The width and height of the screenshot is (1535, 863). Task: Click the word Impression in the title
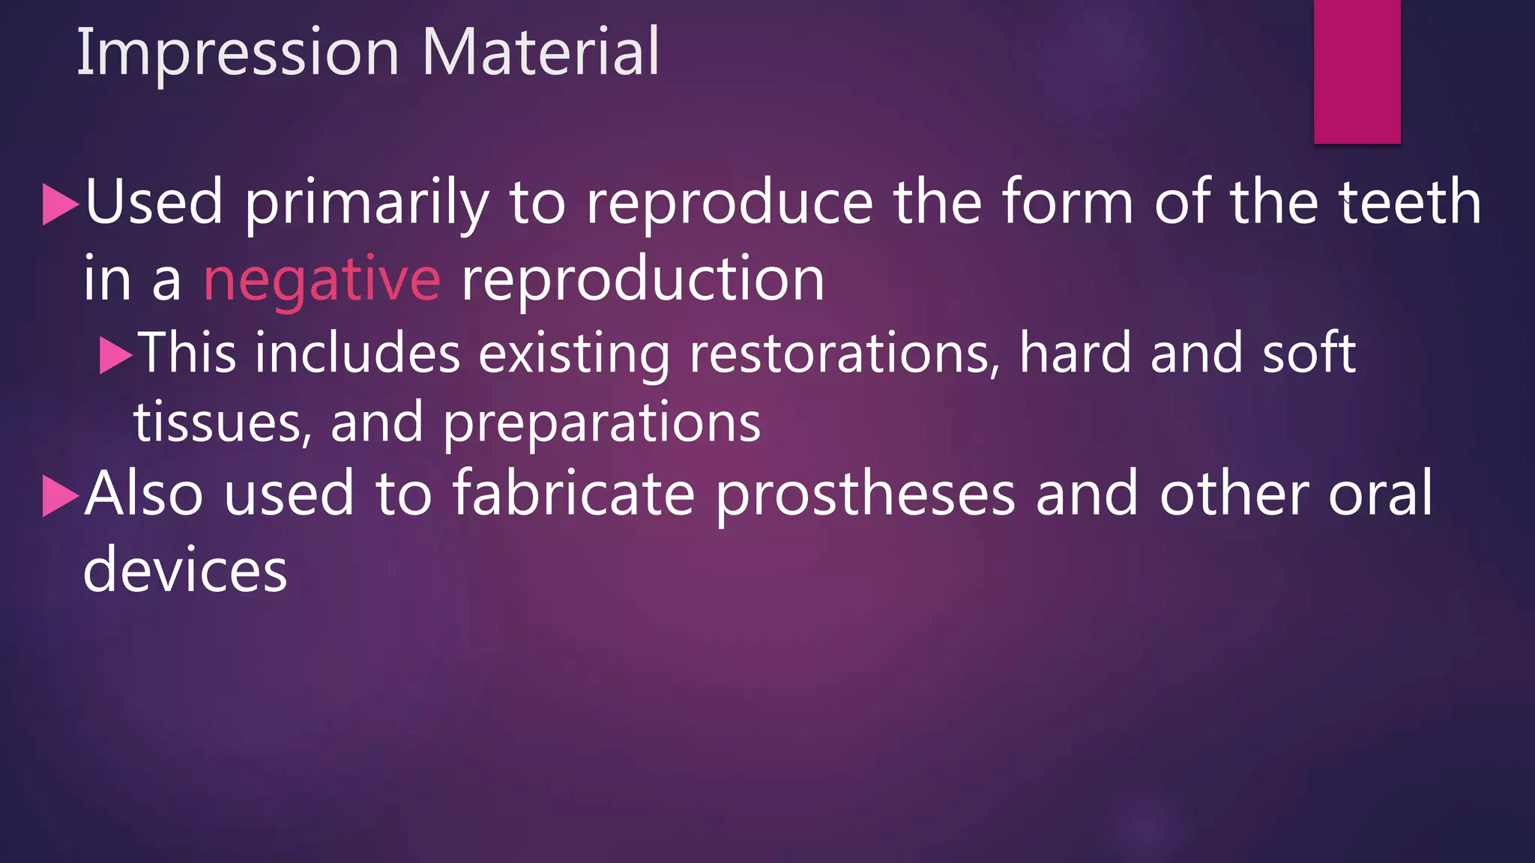point(238,52)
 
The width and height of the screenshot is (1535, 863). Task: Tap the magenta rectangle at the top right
point(1357,71)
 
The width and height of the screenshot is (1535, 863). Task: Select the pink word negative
point(322,279)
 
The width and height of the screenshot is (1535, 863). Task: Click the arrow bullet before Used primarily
point(61,204)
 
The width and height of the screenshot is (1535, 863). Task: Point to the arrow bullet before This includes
point(115,354)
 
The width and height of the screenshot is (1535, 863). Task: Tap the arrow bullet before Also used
point(61,496)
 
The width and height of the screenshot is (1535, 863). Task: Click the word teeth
point(1410,202)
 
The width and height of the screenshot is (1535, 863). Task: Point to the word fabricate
point(574,494)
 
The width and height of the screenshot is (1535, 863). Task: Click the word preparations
point(601,424)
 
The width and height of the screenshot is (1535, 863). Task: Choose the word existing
point(574,354)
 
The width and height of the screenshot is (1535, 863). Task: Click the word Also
point(144,494)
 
